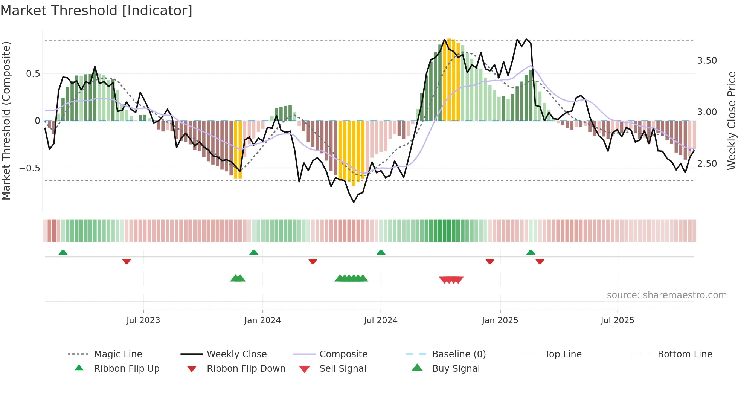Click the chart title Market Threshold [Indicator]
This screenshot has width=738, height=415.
point(96,11)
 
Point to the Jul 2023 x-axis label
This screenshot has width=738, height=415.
point(143,320)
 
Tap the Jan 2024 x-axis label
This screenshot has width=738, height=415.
point(262,320)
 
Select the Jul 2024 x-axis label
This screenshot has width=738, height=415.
point(381,320)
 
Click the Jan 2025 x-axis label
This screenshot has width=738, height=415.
point(500,320)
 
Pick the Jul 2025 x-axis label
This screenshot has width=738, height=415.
point(618,320)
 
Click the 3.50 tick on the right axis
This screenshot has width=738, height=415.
point(707,61)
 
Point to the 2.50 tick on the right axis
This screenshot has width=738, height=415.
point(707,164)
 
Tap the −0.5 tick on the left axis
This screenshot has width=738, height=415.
point(29,168)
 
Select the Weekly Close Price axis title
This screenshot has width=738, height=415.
point(731,121)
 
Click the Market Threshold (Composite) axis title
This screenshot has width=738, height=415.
point(6,121)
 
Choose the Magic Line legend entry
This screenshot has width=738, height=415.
point(118,354)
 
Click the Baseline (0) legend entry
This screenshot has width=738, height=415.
point(459,354)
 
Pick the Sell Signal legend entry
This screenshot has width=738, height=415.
point(343,369)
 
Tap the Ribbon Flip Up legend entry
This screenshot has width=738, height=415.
point(127,369)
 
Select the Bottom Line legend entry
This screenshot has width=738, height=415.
point(685,354)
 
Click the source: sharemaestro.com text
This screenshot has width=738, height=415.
point(666,295)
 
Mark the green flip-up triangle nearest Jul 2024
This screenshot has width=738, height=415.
point(381,252)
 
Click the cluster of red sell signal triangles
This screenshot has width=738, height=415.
point(451,280)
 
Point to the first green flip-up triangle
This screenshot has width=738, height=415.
point(63,252)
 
